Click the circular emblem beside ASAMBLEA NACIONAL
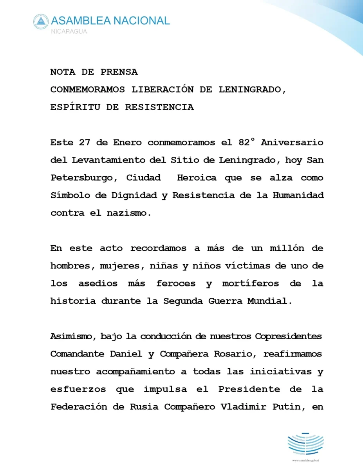(41, 22)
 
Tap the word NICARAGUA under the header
(69, 31)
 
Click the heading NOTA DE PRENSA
(94, 72)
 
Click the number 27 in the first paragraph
(85, 143)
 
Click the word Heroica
(197, 178)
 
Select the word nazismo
(129, 213)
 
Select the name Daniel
(134, 354)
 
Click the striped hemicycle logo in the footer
(305, 444)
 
